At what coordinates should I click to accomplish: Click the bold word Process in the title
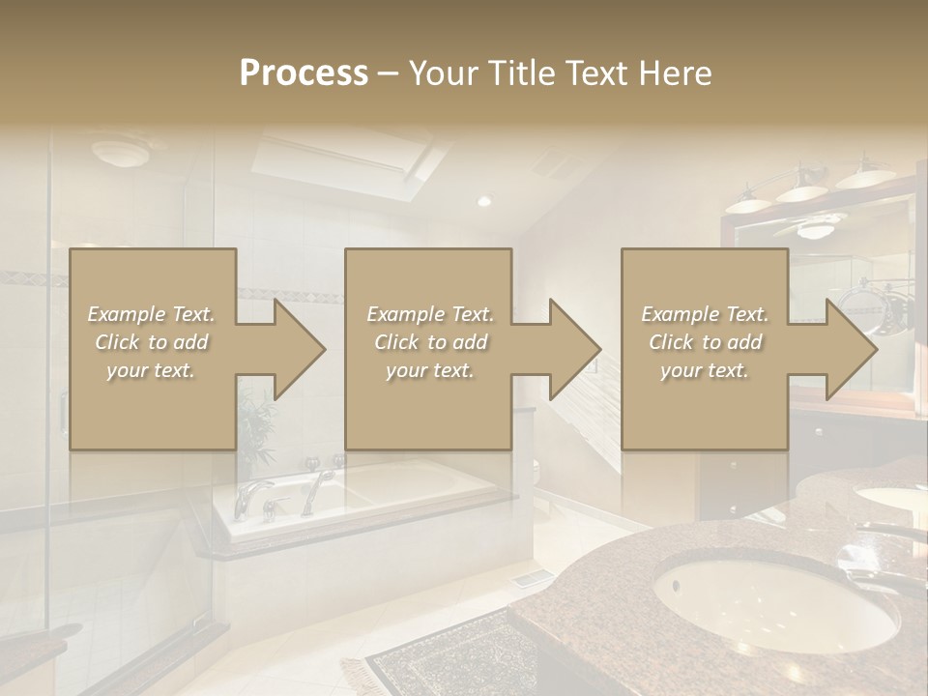pos(304,73)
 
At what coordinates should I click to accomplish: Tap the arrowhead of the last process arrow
pos(850,349)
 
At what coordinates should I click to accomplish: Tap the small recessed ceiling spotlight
pos(484,201)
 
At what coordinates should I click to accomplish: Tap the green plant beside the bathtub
pos(256,425)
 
